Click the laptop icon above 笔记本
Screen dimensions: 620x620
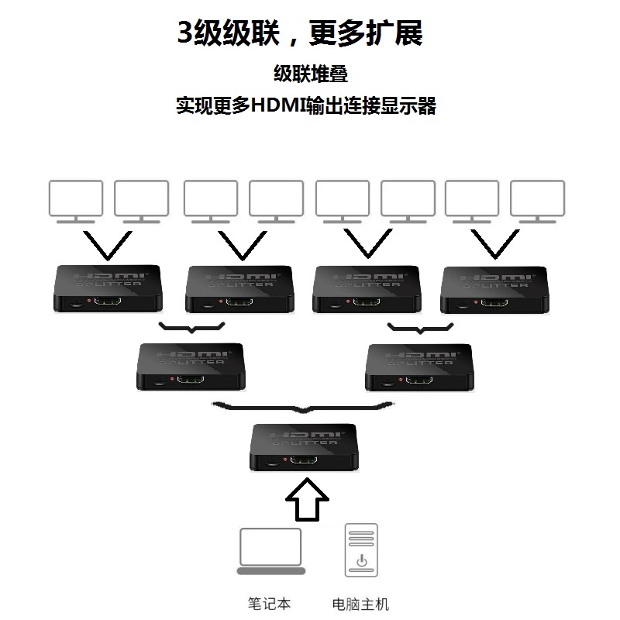[270, 551]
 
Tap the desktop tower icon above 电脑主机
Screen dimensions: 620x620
[360, 551]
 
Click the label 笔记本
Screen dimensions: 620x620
[269, 604]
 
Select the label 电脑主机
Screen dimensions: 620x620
[360, 604]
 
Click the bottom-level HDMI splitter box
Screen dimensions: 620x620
[303, 447]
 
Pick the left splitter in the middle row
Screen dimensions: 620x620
[189, 367]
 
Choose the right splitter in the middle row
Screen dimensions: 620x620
[418, 367]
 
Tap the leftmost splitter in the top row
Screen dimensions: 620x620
[109, 289]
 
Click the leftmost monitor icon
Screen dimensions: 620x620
[75, 199]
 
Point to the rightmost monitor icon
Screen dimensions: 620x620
[537, 199]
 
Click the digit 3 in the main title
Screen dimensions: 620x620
[186, 33]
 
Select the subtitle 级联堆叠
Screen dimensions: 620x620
[310, 74]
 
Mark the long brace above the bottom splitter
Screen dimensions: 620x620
[303, 407]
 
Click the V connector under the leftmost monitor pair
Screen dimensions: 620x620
[108, 244]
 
